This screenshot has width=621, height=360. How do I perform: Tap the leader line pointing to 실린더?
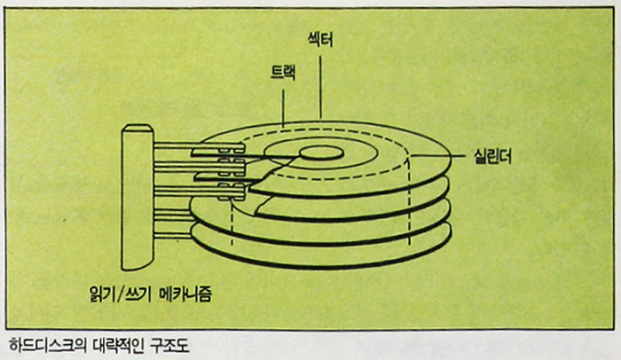(x=441, y=157)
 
